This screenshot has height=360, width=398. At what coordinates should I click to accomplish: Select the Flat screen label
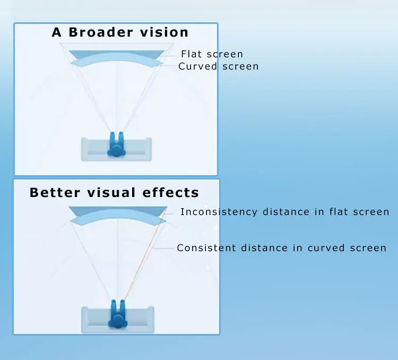tap(212, 54)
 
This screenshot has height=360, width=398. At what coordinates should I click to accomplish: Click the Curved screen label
tap(218, 66)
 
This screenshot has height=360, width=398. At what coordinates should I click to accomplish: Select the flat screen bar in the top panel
tap(117, 54)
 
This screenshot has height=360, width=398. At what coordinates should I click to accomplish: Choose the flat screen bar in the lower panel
tap(117, 210)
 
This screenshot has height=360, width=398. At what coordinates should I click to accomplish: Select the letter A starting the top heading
tap(57, 32)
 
